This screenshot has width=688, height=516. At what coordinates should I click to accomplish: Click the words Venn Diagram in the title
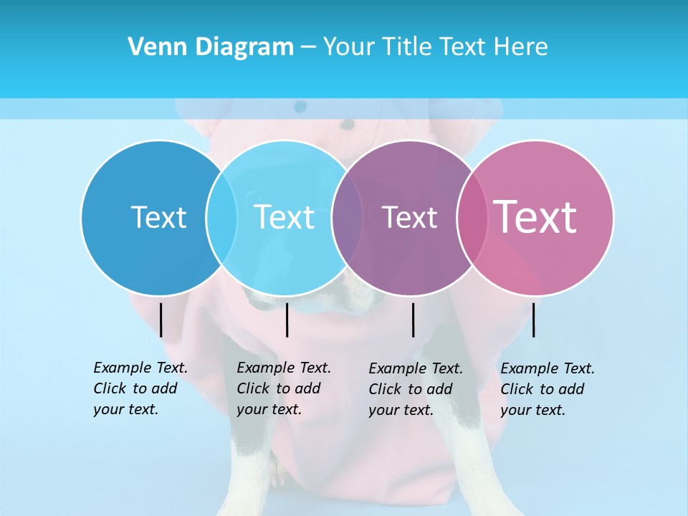pyautogui.click(x=211, y=47)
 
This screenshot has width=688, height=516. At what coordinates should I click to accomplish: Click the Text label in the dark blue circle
pyautogui.click(x=158, y=217)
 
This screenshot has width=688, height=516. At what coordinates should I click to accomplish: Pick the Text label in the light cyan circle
pyautogui.click(x=285, y=217)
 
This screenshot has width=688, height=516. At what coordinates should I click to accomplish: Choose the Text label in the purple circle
pyautogui.click(x=409, y=217)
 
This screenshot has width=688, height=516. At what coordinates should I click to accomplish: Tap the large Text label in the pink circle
pyautogui.click(x=535, y=216)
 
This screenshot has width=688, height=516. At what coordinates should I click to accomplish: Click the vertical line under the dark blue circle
pyautogui.click(x=161, y=320)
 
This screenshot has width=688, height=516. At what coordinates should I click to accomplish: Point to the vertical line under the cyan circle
pyautogui.click(x=287, y=320)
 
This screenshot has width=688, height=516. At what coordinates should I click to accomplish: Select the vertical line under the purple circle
pyautogui.click(x=414, y=320)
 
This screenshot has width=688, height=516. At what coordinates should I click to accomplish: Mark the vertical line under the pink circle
pyautogui.click(x=533, y=320)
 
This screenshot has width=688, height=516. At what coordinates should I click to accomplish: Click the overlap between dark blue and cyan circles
pyautogui.click(x=221, y=217)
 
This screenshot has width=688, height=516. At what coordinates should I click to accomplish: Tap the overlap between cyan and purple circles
pyautogui.click(x=348, y=217)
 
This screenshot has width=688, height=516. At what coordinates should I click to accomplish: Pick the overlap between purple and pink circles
pyautogui.click(x=472, y=217)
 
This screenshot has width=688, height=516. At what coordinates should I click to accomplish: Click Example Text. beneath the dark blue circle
pyautogui.click(x=140, y=368)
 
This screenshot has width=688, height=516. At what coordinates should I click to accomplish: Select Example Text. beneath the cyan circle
pyautogui.click(x=284, y=368)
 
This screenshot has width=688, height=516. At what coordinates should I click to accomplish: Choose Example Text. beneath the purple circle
pyautogui.click(x=416, y=368)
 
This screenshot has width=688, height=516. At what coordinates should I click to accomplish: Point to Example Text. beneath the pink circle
pyautogui.click(x=548, y=368)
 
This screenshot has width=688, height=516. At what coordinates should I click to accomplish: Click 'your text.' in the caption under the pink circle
pyautogui.click(x=532, y=410)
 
